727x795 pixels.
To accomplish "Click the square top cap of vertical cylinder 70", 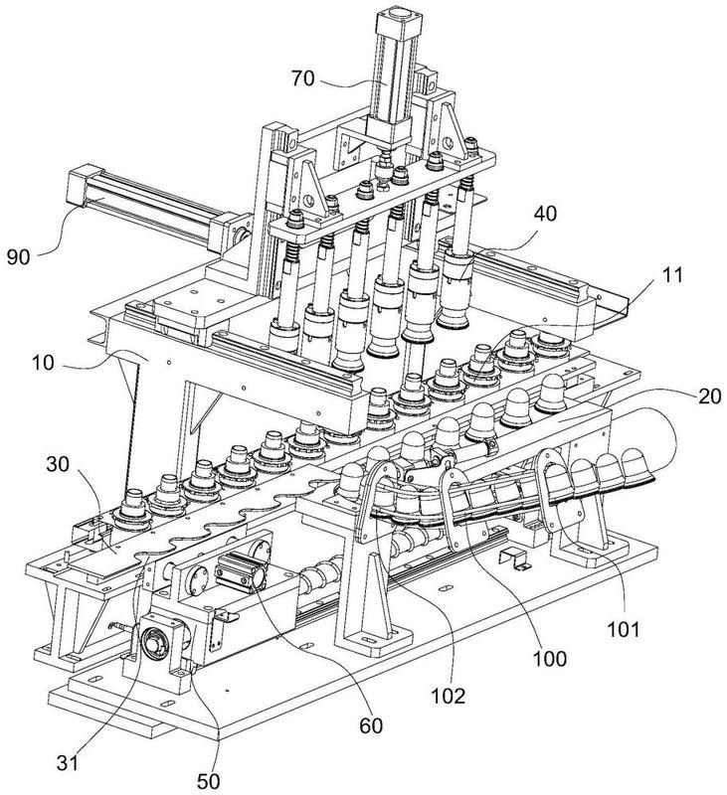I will (x=396, y=18).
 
